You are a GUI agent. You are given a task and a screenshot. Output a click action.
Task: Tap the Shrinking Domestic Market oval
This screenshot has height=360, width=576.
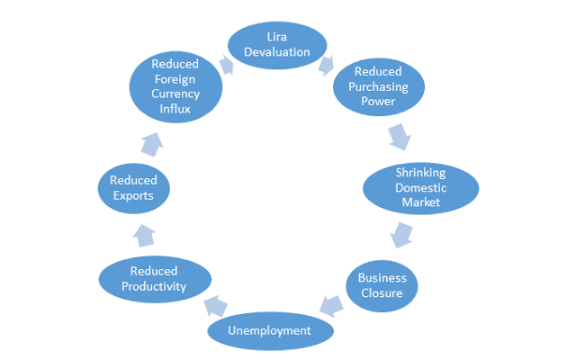point(420,187)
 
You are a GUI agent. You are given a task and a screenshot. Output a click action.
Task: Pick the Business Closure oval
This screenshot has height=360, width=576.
point(382,285)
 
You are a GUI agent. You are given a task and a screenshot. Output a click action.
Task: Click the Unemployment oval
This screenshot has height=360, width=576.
point(270,331)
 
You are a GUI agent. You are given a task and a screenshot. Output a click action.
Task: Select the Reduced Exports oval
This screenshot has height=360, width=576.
point(133,187)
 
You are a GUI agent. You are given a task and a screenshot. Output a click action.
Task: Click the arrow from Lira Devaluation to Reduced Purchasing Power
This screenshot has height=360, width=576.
point(326,65)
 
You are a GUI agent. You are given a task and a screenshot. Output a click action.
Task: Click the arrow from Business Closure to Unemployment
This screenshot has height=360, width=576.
point(330,306)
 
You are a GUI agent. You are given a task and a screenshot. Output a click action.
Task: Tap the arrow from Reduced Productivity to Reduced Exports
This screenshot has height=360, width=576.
point(143,236)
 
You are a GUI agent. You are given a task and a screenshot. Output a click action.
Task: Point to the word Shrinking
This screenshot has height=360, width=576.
point(420,173)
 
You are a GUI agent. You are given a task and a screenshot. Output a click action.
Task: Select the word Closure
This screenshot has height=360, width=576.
point(382,292)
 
